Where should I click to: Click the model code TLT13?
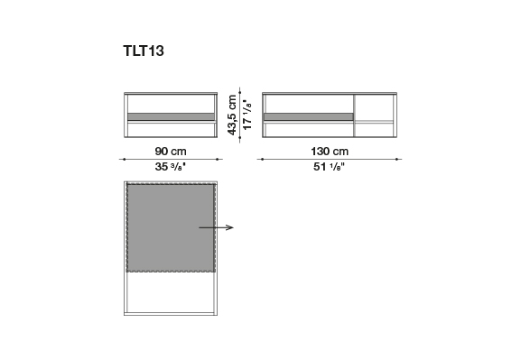click(144, 51)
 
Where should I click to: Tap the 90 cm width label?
click(171, 152)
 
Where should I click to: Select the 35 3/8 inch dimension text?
click(170, 166)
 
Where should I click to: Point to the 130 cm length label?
click(330, 152)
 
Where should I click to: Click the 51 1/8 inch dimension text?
click(329, 166)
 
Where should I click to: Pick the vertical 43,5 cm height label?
click(232, 115)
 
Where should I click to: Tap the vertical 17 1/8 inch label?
click(247, 115)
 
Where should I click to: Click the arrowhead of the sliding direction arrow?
click(230, 227)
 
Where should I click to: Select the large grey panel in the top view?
click(171, 228)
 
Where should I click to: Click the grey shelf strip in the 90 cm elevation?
click(171, 116)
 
